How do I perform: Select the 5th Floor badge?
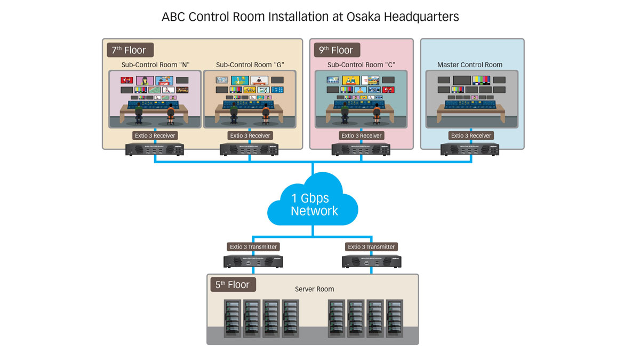pos(233,284)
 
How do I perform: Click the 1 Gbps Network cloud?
pos(314,205)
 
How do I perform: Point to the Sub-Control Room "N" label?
pos(155,65)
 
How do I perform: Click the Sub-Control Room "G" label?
pos(250,65)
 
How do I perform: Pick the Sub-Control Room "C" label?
pos(361,65)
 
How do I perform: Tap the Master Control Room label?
pos(469,65)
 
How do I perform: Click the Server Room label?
pos(314,289)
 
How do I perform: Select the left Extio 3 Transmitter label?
pos(253,247)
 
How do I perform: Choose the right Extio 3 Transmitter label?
pos(372,247)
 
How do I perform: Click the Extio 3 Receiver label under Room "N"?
pos(155,136)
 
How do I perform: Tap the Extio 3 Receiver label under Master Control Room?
pos(471,136)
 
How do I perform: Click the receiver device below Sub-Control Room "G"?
pos(250,149)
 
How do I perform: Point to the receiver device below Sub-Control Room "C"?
pos(361,149)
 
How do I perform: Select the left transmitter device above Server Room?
pos(253,261)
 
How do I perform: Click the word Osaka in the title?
pos(367,17)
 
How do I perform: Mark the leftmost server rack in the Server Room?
pos(233,318)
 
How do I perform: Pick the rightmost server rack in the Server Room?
pos(395,318)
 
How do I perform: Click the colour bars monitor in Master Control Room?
pos(482,80)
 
